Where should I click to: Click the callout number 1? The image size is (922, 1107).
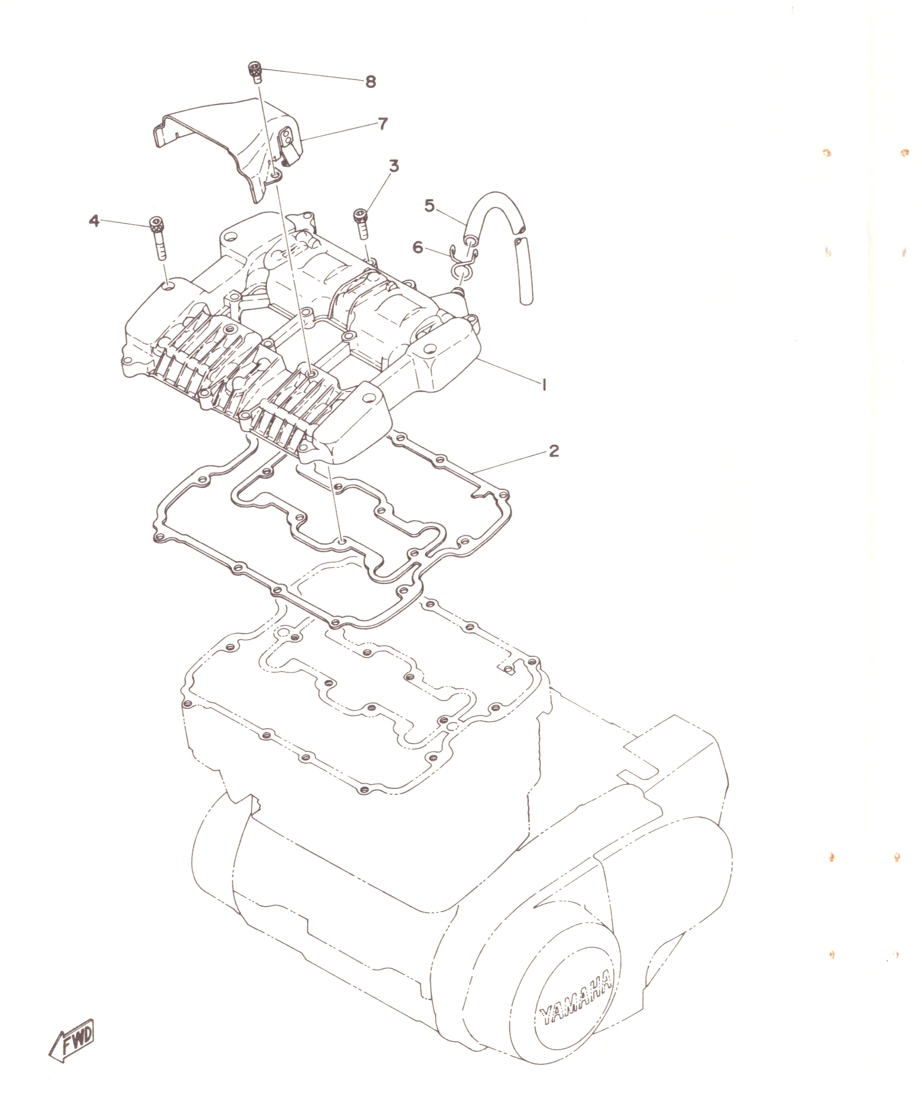pos(544,386)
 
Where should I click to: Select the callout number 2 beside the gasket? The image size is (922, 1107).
pos(554,451)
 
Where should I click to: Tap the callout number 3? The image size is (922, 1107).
pos(393,166)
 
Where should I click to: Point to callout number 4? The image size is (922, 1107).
pos(94,221)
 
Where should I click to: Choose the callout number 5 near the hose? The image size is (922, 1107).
pos(430,206)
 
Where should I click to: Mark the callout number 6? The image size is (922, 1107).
pos(418,247)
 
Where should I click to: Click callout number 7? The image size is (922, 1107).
pos(382,124)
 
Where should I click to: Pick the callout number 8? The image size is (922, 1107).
pos(370,82)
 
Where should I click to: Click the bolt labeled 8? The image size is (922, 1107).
pos(256,73)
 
